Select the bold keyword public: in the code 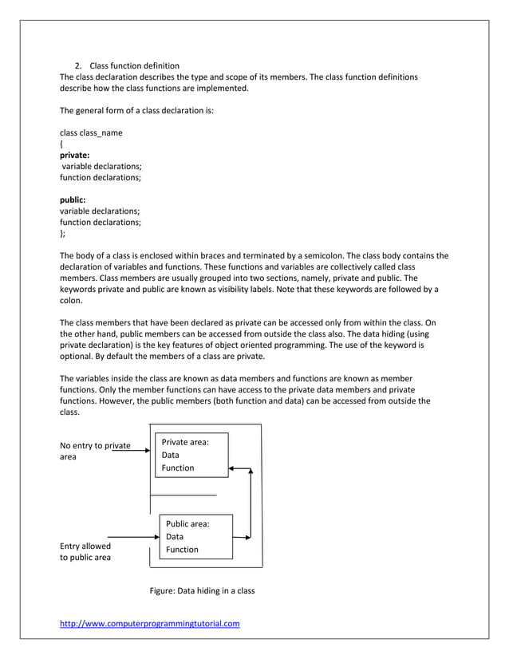[73, 200]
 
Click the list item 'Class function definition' [134, 65]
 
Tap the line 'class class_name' [92, 132]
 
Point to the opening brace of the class [62, 144]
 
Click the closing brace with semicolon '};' [64, 234]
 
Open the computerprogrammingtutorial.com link [150, 623]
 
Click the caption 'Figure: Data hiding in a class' [202, 591]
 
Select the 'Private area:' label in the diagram [185, 442]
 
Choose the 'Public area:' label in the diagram [187, 524]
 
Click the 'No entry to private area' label [95, 452]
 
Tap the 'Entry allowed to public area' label [85, 551]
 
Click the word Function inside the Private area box [178, 468]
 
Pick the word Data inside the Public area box [176, 537]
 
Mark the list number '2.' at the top [79, 65]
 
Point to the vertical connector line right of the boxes [251, 503]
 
